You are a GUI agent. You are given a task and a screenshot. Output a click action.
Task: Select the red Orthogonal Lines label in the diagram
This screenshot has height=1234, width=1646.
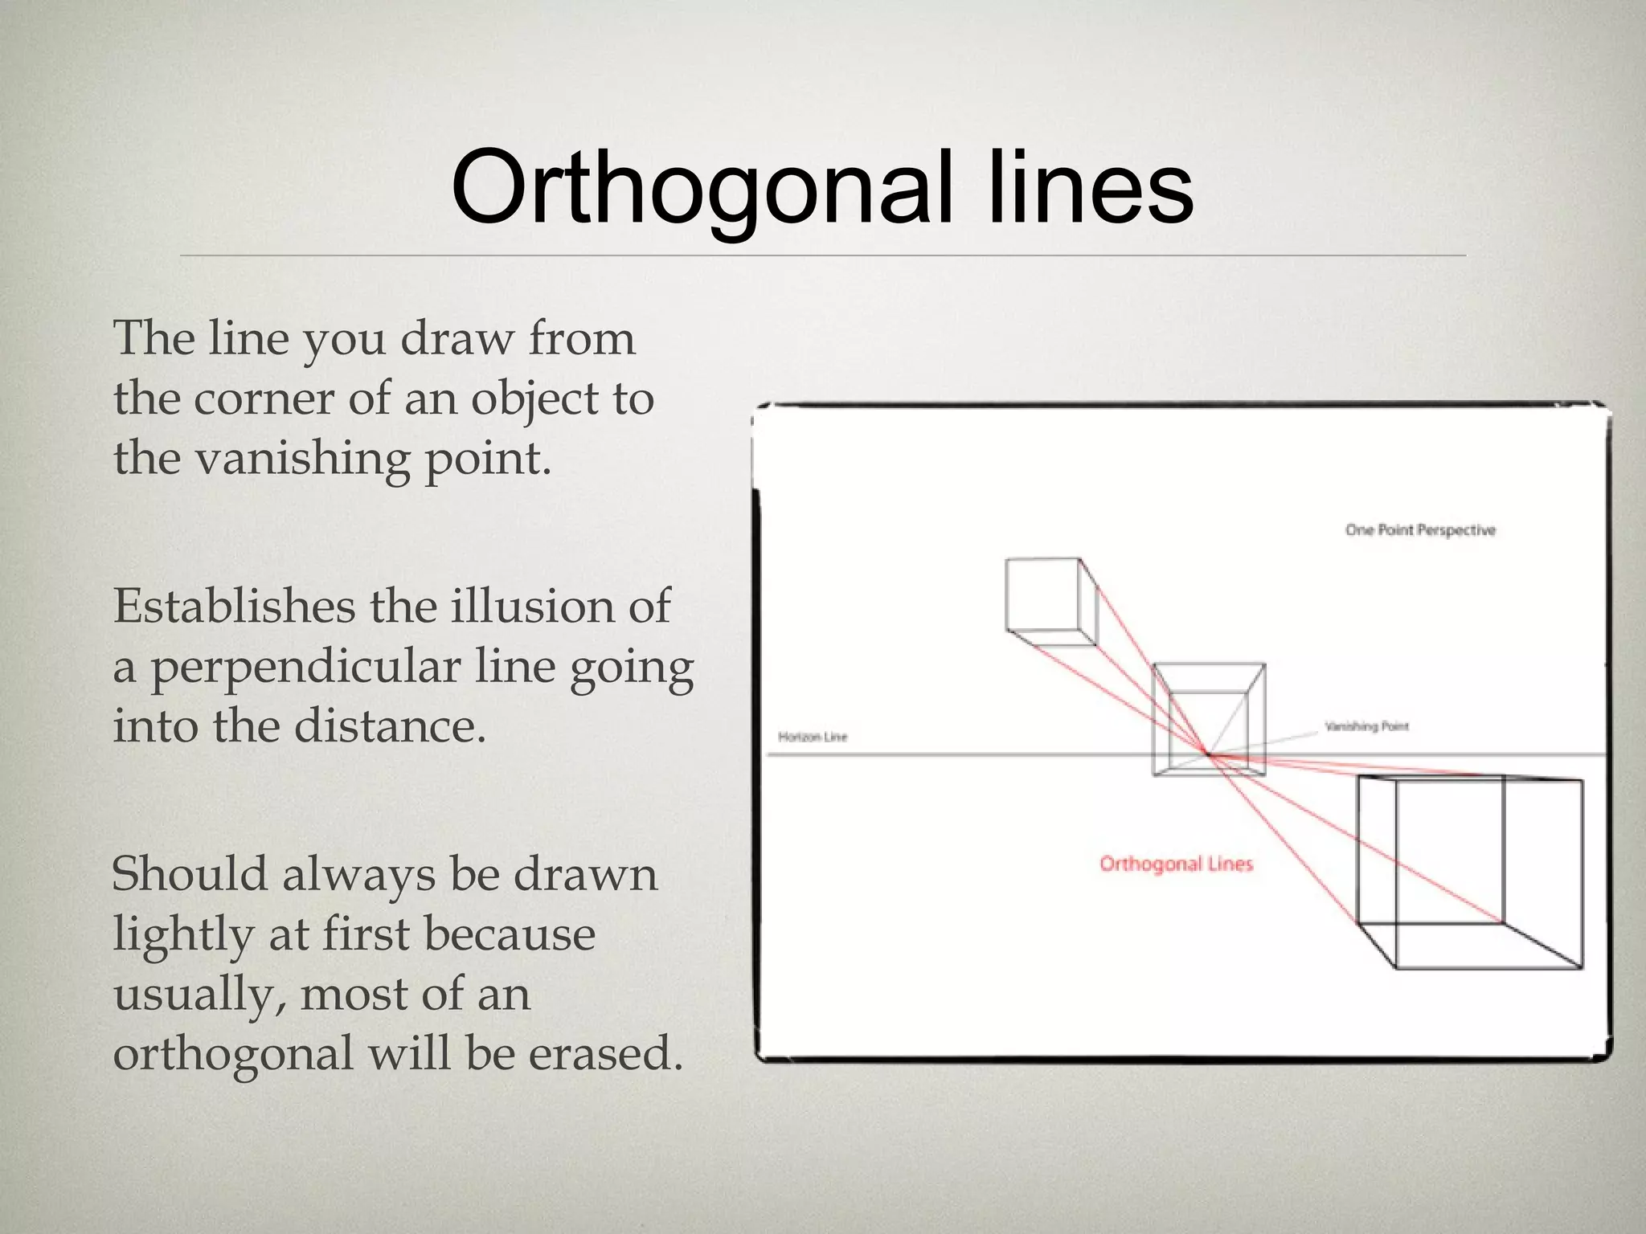pos(1176,864)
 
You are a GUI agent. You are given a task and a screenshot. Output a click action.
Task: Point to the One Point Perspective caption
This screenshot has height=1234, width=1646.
pos(1420,530)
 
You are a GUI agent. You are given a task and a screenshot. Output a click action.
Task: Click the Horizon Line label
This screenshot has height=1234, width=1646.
pos(813,737)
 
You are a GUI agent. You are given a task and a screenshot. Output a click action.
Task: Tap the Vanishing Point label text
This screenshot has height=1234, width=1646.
pos(1366,726)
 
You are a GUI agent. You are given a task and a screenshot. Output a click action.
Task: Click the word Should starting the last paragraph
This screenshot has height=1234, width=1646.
pos(189,874)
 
